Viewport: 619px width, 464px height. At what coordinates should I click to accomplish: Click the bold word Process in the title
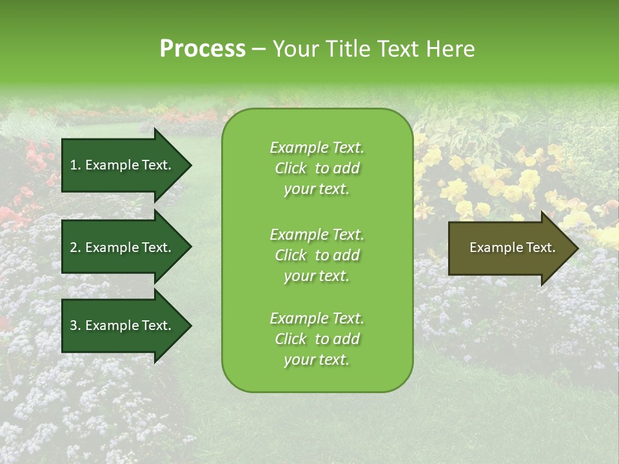(x=202, y=49)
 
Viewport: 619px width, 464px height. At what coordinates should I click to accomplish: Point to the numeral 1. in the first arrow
(x=75, y=165)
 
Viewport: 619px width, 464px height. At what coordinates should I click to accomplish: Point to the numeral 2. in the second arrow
(x=75, y=247)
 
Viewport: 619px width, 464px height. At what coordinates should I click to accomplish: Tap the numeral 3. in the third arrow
(x=75, y=325)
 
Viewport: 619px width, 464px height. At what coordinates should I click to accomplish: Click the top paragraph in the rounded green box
(x=317, y=168)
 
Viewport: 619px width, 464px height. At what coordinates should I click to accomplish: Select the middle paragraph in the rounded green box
(x=317, y=255)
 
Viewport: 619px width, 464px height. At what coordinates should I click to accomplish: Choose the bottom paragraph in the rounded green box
(x=317, y=339)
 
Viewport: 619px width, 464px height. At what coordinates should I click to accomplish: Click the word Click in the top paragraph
(x=291, y=168)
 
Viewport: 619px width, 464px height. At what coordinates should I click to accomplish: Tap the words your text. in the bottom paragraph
(x=317, y=360)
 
